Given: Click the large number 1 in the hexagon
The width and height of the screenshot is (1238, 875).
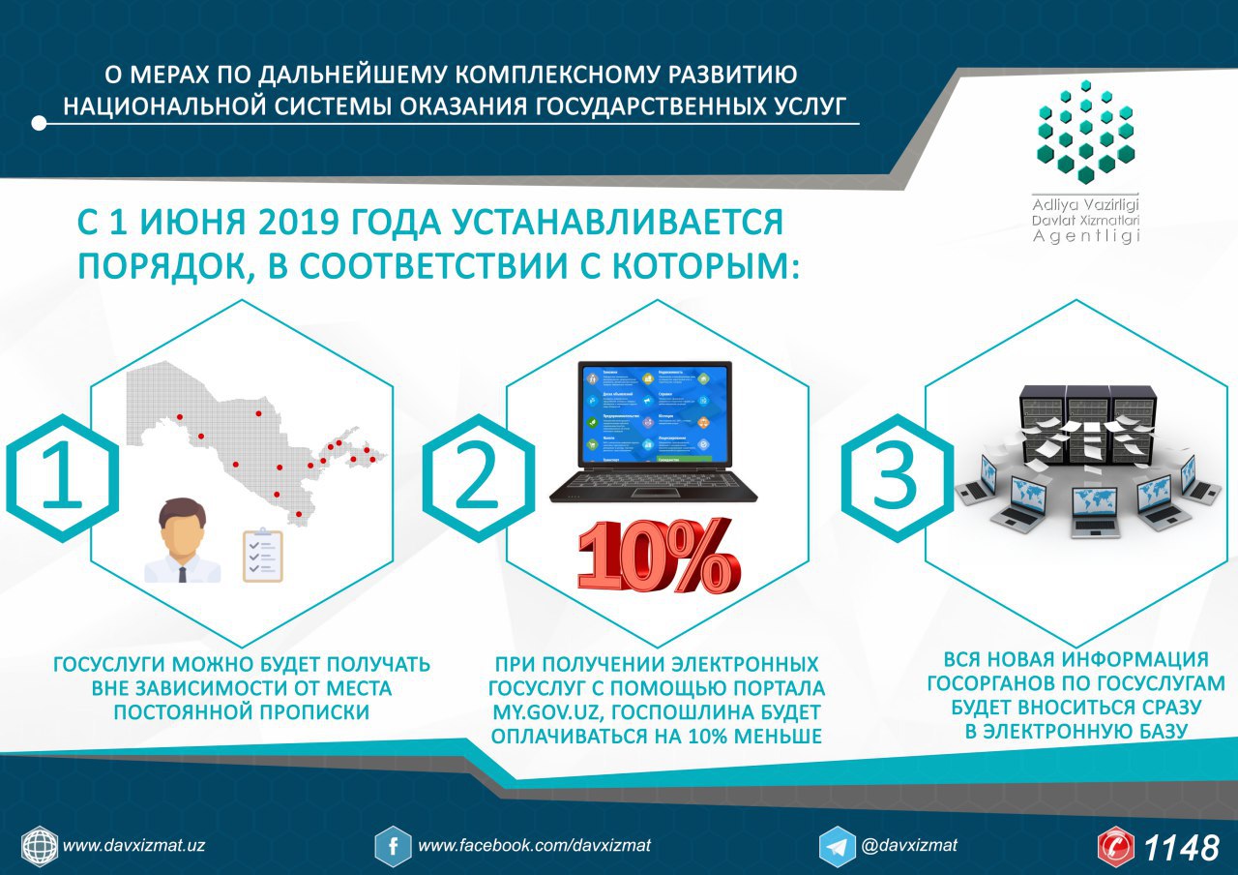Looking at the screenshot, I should [62, 478].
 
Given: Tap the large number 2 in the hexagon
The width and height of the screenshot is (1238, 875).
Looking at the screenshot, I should [478, 478].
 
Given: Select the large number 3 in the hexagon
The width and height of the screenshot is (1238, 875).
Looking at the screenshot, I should [895, 478].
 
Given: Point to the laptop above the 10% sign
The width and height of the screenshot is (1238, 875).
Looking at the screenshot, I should [655, 432].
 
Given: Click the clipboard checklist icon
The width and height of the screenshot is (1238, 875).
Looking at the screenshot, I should [262, 556].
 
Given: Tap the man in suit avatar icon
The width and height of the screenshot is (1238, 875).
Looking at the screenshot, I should [182, 542].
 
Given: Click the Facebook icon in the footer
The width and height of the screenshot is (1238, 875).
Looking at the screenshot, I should [393, 846].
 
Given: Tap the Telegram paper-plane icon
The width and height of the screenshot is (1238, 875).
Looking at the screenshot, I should [837, 846].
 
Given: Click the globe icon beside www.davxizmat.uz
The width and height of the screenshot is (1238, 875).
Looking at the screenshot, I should [40, 846].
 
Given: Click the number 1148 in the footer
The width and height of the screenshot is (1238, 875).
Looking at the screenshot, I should [1182, 848].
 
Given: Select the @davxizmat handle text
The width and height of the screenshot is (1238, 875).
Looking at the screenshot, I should [909, 845].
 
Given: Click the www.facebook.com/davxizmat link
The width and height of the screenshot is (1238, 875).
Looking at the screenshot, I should [534, 845].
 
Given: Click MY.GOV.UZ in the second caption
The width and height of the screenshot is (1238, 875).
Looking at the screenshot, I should [542, 712].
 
